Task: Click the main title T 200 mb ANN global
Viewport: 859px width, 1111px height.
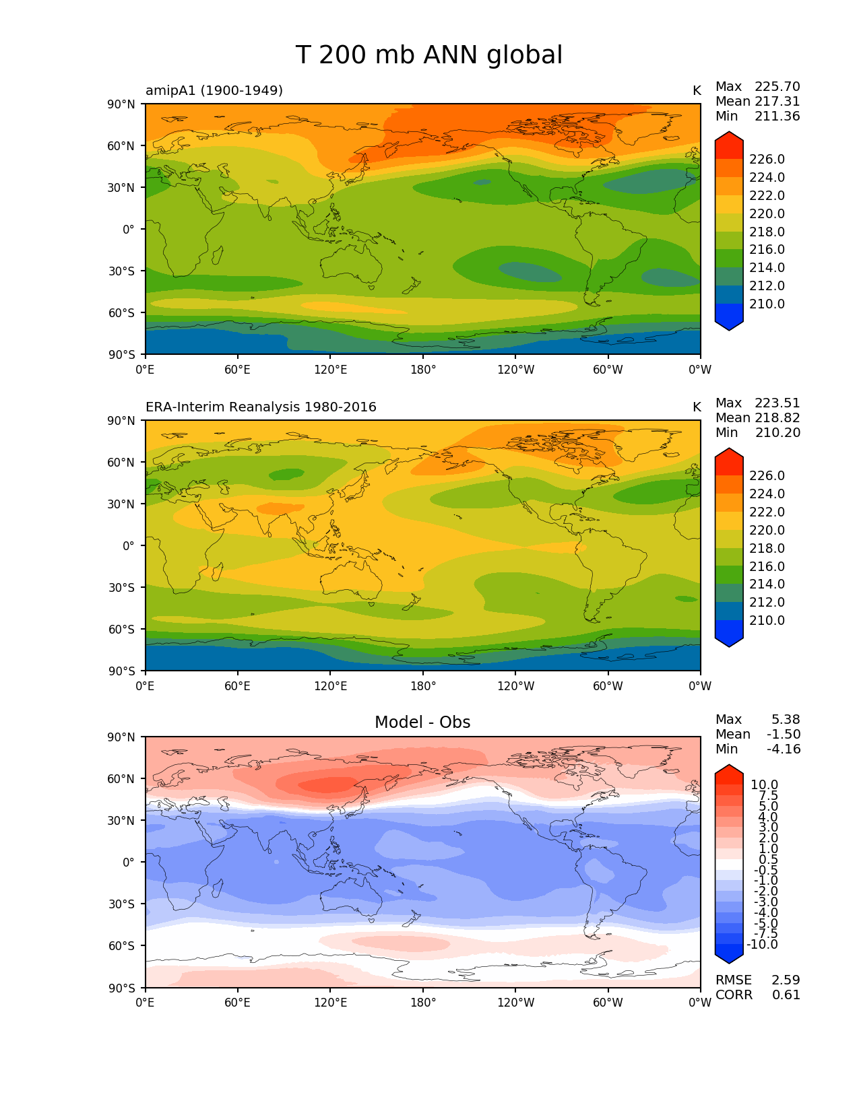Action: click(428, 55)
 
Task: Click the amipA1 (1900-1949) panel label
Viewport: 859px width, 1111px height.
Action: click(214, 91)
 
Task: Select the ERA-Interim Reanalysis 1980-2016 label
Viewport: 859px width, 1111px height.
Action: click(261, 407)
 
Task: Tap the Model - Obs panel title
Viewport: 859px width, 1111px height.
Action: click(422, 722)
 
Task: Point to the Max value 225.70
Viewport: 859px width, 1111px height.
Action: click(777, 87)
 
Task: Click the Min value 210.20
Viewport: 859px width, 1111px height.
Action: click(777, 433)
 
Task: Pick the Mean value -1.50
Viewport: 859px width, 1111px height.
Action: click(784, 735)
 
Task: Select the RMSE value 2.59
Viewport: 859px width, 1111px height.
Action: click(786, 980)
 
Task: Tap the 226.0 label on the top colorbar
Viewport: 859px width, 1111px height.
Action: click(767, 160)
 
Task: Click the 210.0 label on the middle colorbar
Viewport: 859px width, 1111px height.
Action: click(767, 621)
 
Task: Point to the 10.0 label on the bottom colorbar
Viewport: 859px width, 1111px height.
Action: click(764, 785)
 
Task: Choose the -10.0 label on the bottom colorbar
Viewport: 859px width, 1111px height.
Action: click(762, 945)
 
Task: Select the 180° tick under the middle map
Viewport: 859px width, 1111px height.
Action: click(423, 686)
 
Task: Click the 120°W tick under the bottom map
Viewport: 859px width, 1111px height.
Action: click(515, 1003)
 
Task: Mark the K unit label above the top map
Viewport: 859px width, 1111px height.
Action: click(697, 91)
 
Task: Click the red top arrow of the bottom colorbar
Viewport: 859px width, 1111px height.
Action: click(729, 772)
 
